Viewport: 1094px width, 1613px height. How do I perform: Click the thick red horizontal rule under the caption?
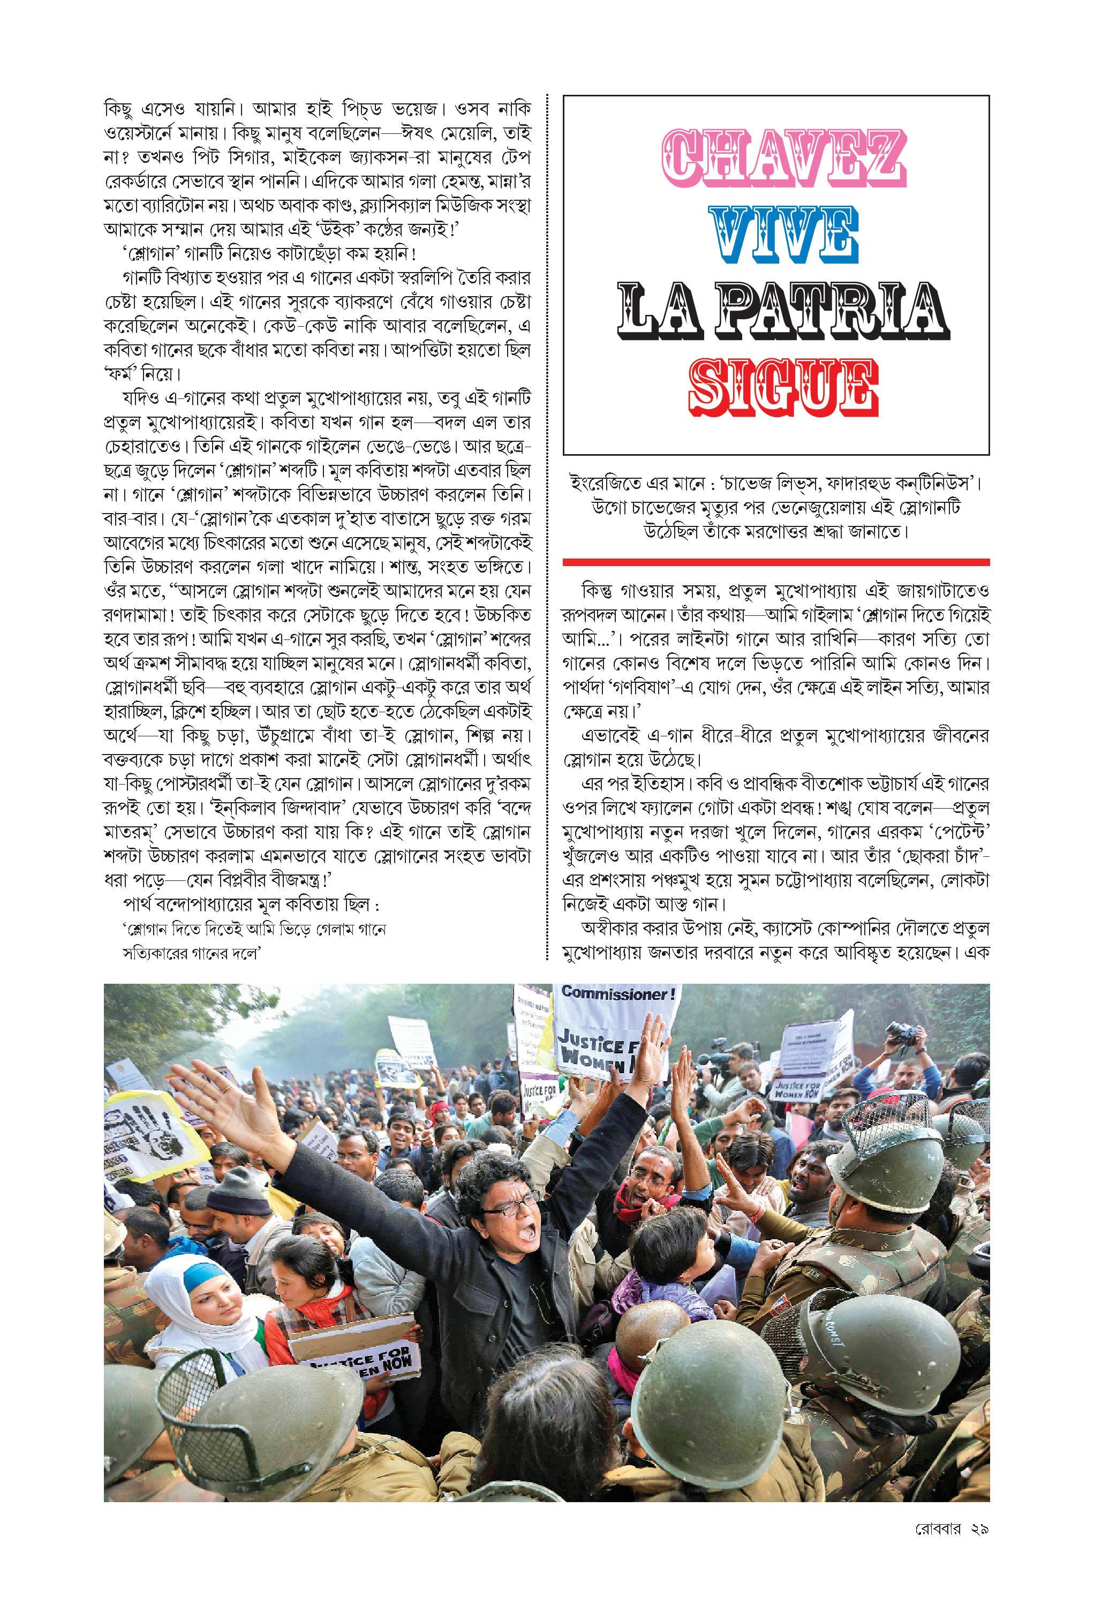775,561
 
